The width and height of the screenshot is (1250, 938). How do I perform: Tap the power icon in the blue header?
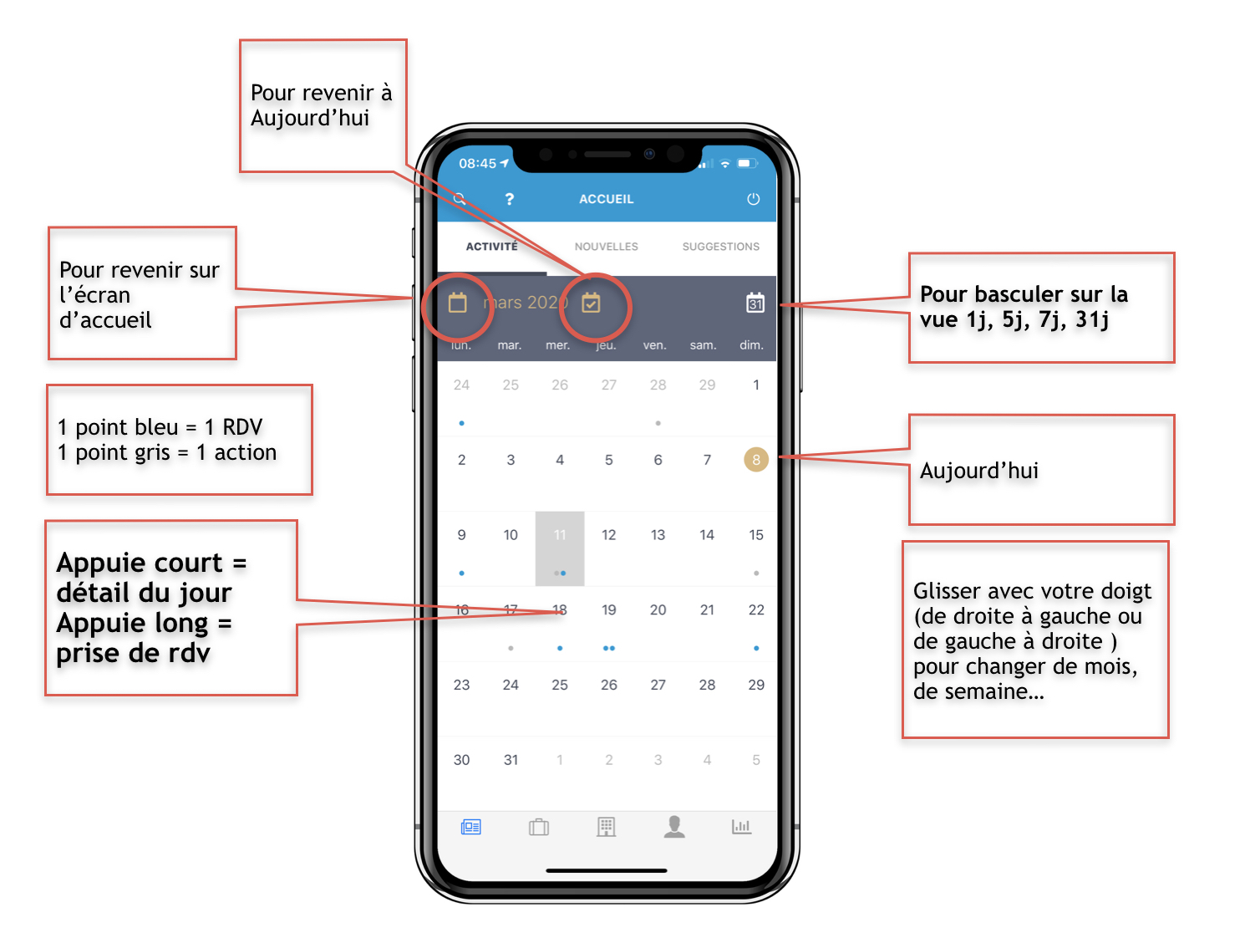[x=753, y=199]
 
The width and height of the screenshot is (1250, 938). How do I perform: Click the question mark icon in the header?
[x=509, y=199]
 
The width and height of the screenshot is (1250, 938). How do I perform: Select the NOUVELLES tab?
[x=606, y=247]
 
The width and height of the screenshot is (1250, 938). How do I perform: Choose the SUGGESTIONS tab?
[x=720, y=247]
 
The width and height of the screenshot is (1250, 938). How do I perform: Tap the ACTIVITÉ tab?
[x=491, y=247]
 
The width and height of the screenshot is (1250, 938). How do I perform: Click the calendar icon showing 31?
[x=755, y=303]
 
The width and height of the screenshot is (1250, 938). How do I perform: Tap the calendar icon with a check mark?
[x=592, y=303]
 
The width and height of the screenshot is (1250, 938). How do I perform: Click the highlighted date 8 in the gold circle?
[x=755, y=459]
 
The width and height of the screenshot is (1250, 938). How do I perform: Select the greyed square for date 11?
[x=560, y=548]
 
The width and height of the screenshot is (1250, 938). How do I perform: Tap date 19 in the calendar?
[x=608, y=610]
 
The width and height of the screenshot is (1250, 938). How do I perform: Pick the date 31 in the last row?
[x=511, y=760]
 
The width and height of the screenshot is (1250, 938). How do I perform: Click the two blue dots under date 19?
[x=609, y=648]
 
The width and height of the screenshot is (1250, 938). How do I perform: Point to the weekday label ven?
[x=654, y=345]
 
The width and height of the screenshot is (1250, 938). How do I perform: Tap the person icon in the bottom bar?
[x=673, y=827]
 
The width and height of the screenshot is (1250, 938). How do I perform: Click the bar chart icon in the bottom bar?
[x=741, y=827]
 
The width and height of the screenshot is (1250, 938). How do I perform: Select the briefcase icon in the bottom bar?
[x=539, y=827]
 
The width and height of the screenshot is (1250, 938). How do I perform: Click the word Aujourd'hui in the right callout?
[x=978, y=471]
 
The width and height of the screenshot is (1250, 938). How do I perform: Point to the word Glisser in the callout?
[x=947, y=591]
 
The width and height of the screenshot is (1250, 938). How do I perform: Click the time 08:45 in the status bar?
[x=477, y=164]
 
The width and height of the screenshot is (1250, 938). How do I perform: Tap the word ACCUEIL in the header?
[x=606, y=199]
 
